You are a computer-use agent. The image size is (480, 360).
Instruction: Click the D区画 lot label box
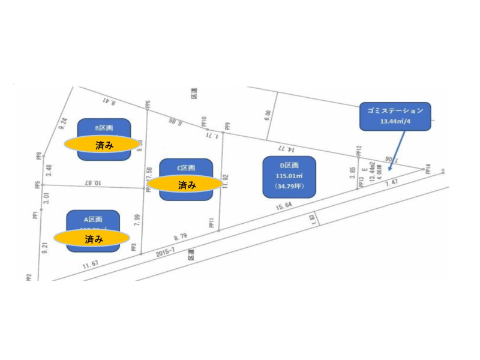[289, 176]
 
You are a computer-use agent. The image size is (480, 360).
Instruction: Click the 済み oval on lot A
[93, 238]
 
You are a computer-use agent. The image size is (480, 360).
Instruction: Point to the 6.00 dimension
[268, 115]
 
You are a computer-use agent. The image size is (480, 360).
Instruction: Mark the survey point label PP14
[428, 170]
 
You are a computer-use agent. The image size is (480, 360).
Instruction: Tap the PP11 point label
[211, 224]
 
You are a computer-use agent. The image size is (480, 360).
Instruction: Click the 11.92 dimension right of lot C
[226, 181]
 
